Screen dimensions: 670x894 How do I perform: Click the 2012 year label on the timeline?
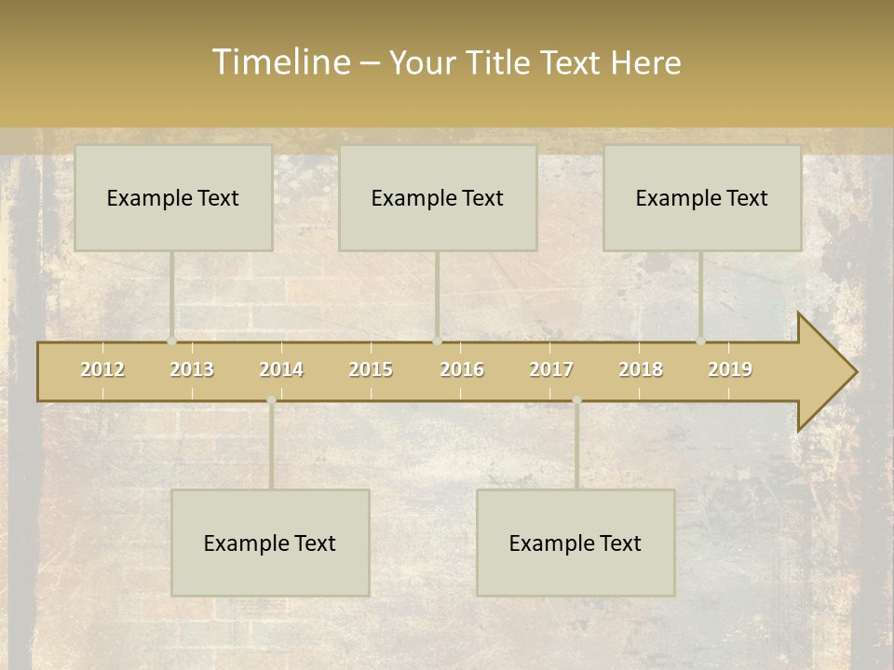coord(102,369)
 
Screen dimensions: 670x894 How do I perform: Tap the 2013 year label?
coord(192,369)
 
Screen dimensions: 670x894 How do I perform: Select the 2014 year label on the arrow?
coord(281,369)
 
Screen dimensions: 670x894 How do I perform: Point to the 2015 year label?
coord(371,369)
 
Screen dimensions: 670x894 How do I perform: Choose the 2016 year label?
coord(462,369)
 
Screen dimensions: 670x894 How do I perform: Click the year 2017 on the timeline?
coord(551,369)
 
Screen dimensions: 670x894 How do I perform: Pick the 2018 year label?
coord(641,369)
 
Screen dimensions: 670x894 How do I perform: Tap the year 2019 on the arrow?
coord(730,369)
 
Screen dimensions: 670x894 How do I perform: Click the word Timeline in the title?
coord(280,62)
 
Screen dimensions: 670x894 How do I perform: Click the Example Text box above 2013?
coord(173,197)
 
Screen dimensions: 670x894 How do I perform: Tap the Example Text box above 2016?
coord(438,197)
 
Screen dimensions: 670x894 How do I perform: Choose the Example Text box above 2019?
coord(702,197)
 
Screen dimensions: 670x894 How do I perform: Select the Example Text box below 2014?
coord(270,543)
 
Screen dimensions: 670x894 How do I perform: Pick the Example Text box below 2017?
coord(576,543)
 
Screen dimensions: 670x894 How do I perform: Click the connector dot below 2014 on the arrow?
coord(271,400)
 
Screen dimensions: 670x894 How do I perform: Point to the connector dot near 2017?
coord(576,400)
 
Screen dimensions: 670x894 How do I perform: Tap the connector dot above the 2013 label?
coord(171,342)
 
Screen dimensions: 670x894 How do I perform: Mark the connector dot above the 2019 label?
coord(700,342)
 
